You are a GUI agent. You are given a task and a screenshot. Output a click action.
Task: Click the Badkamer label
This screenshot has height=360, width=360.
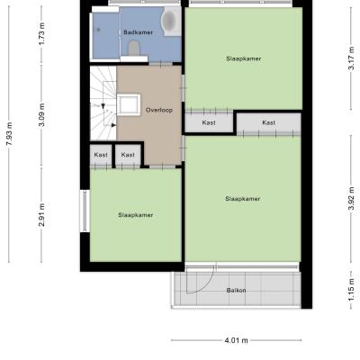138,32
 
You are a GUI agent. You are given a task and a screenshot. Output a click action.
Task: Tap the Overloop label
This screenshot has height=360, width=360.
159,110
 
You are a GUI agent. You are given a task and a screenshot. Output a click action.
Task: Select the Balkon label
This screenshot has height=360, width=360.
237,291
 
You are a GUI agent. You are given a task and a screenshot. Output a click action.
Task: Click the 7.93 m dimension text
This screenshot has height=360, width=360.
10,134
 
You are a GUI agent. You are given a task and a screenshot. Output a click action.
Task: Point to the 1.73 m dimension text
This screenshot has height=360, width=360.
42,33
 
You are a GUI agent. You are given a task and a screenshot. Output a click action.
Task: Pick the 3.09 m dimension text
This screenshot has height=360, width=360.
42,114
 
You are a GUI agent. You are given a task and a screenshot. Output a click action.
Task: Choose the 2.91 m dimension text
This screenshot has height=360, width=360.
42,215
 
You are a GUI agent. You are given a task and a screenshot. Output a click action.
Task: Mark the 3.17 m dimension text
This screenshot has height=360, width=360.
352,58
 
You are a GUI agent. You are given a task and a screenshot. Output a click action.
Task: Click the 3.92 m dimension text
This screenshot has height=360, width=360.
352,198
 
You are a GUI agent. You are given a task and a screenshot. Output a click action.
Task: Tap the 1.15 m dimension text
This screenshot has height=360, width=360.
352,290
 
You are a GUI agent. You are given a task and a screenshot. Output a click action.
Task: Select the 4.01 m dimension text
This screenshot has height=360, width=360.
237,340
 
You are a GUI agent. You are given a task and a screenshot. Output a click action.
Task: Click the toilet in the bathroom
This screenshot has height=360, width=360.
134,48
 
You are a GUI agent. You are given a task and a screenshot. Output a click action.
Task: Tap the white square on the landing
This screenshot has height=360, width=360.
129,104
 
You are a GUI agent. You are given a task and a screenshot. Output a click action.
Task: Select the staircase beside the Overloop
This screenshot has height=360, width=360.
103,103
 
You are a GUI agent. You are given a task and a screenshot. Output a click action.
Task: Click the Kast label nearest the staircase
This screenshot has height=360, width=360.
101,155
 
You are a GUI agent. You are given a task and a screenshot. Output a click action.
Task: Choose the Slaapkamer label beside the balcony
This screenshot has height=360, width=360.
243,199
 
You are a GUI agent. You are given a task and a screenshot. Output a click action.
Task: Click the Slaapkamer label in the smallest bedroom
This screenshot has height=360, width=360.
136,215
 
